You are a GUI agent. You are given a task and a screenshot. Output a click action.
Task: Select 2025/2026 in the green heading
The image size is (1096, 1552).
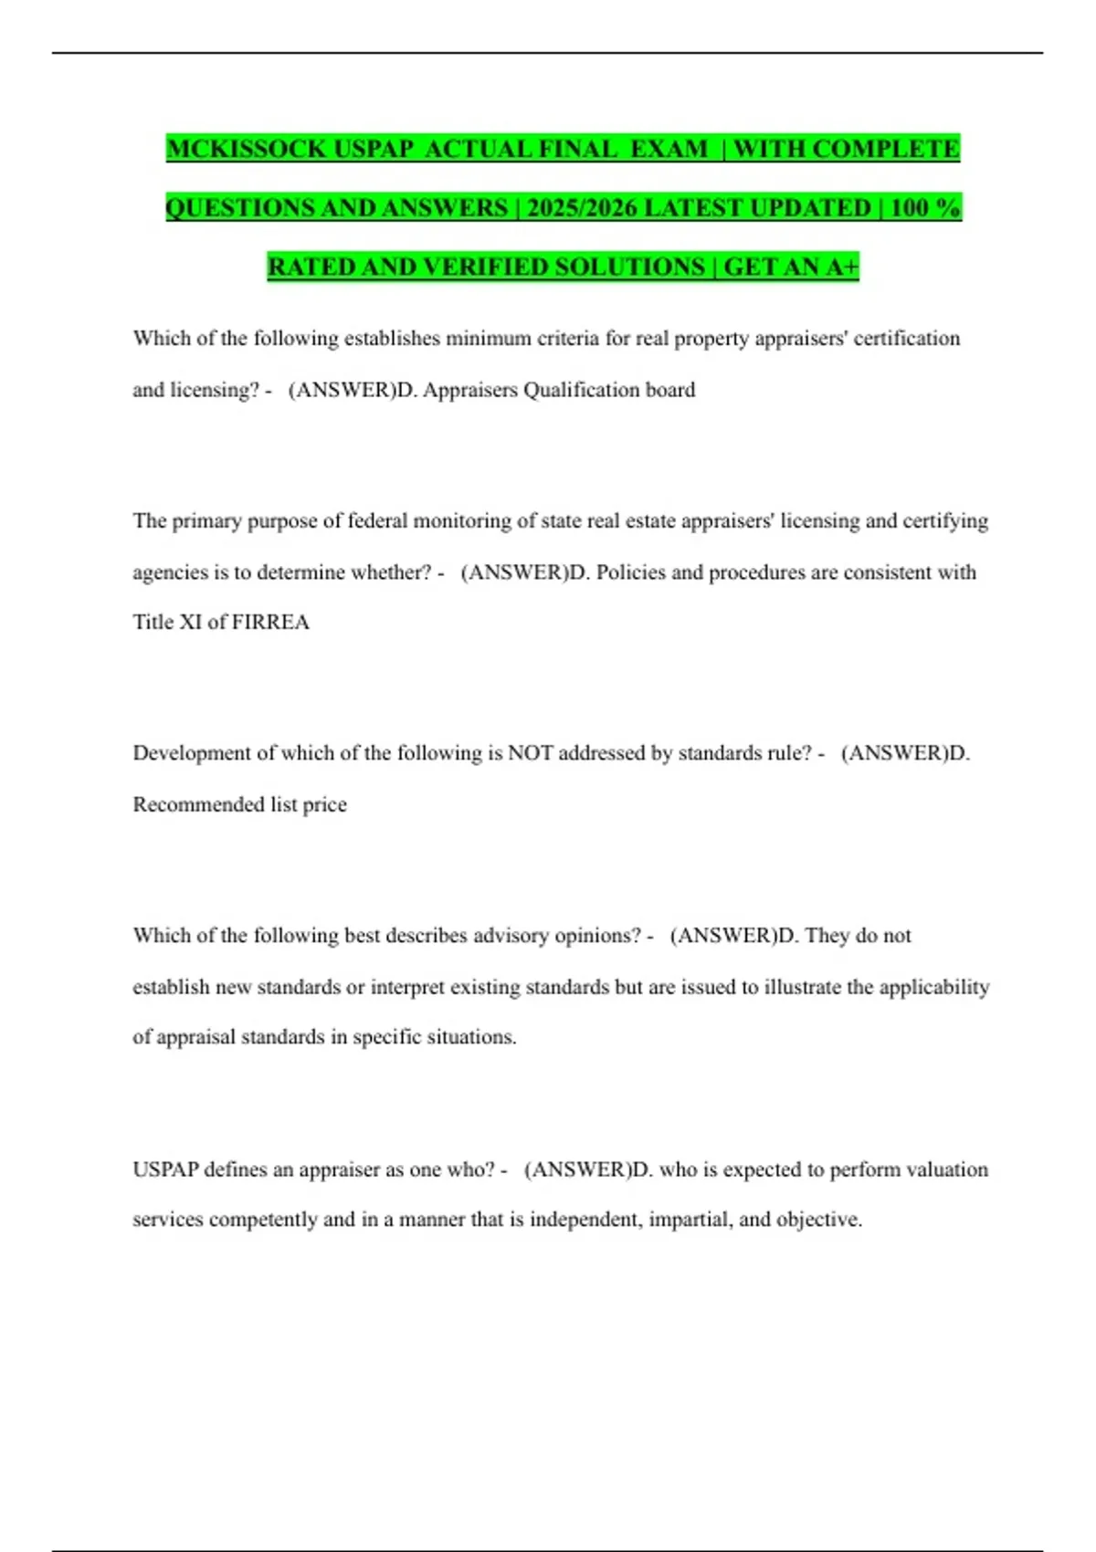pos(581,208)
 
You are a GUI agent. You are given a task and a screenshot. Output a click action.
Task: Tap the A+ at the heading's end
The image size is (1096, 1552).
pos(841,267)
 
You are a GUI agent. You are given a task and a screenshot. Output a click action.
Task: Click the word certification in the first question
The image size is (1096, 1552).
pos(906,339)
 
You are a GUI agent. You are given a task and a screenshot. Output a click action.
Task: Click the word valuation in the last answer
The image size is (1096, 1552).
pos(946,1169)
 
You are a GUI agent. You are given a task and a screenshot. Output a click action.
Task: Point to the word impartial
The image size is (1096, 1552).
pos(690,1220)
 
